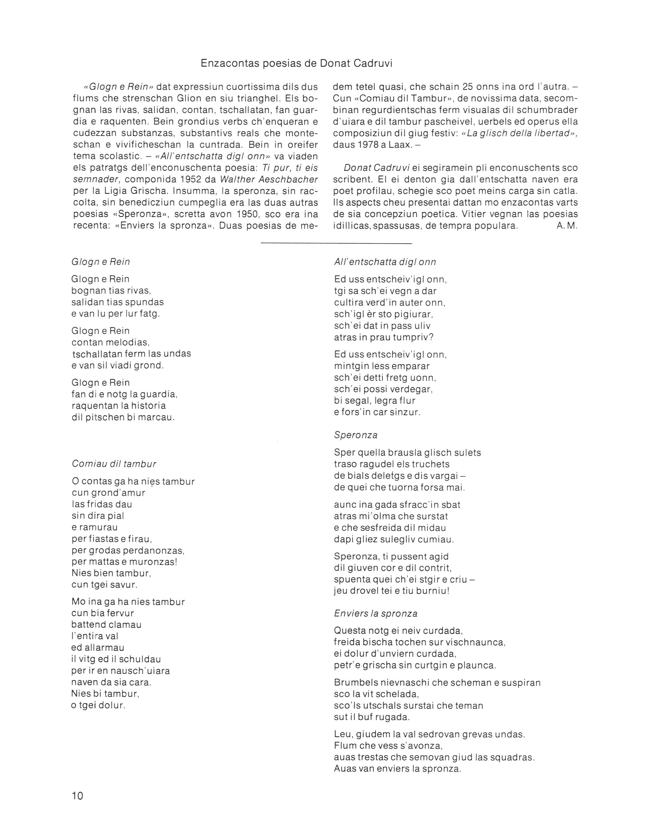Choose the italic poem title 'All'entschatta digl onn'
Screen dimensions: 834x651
[385, 262]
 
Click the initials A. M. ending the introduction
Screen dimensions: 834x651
[567, 226]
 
